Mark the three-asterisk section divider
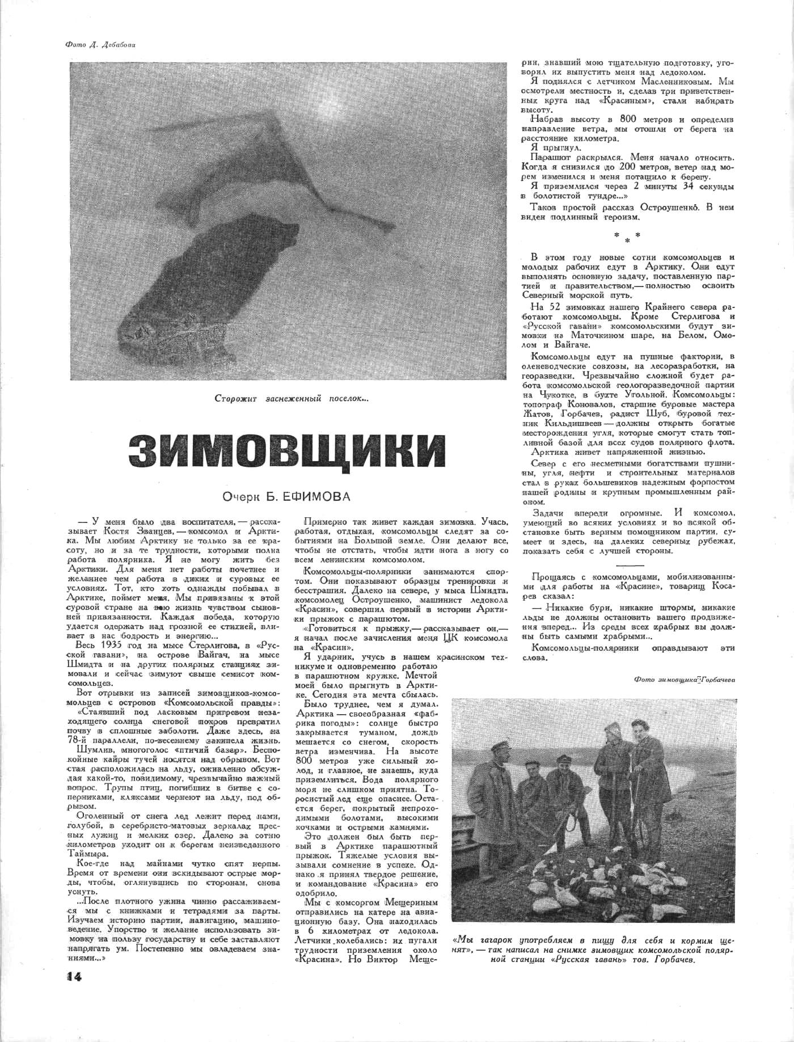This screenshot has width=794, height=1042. [x=627, y=237]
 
